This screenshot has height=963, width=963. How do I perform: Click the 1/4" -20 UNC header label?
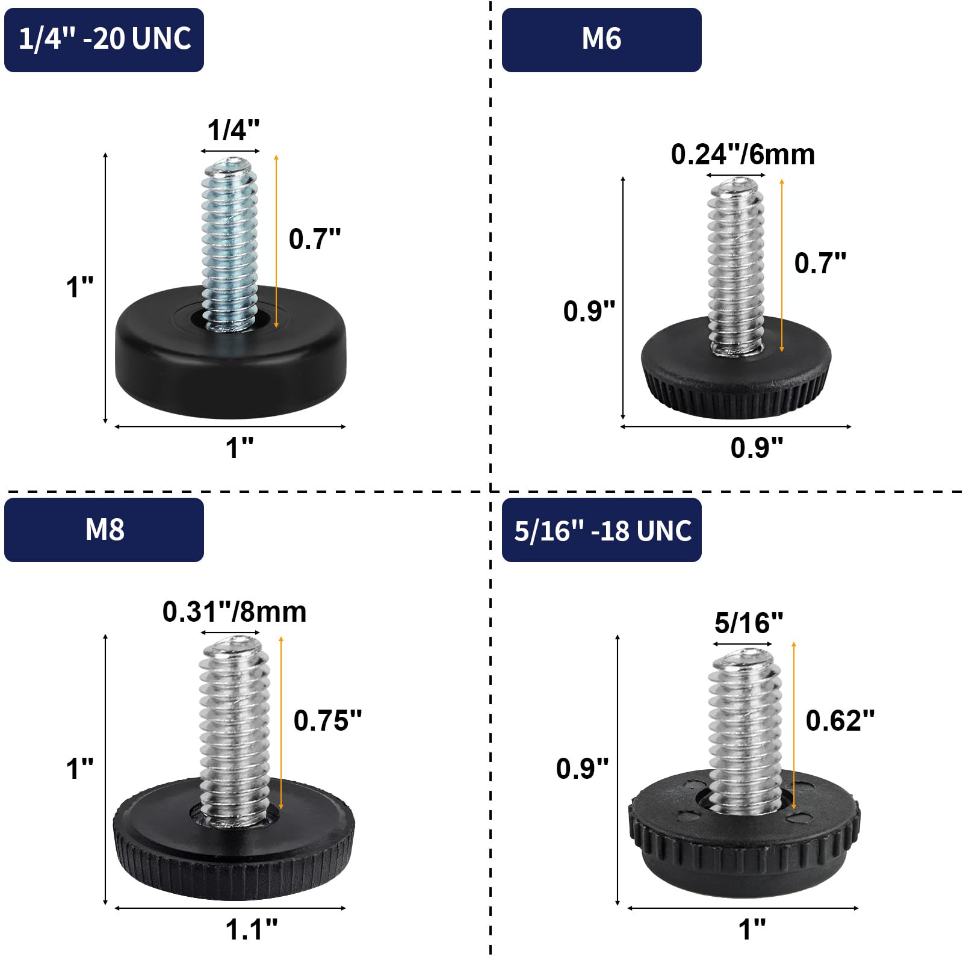(x=104, y=39)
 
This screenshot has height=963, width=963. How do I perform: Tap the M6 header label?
(x=601, y=39)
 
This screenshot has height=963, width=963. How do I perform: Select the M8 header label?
(x=104, y=530)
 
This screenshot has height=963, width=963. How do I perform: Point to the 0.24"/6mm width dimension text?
(x=743, y=155)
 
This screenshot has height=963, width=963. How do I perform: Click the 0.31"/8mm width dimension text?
(x=234, y=612)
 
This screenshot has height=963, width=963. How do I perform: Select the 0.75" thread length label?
(x=327, y=720)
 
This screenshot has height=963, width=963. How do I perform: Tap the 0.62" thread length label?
(x=840, y=720)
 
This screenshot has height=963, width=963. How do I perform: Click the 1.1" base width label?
(x=251, y=929)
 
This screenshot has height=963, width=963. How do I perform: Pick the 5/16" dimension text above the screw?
(x=749, y=623)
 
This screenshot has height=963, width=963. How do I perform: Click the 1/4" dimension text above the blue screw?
(x=233, y=130)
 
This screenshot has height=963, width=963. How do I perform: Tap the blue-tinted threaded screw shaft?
(x=230, y=241)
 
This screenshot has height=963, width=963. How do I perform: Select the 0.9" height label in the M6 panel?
(x=589, y=311)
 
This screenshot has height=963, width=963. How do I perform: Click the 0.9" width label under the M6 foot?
(x=757, y=448)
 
